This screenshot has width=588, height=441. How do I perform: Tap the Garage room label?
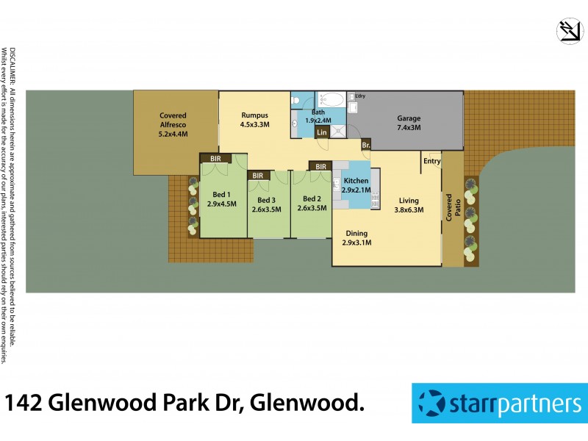coord(409,123)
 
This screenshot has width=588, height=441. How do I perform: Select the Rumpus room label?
coord(254,120)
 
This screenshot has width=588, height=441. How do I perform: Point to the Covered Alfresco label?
coord(173,124)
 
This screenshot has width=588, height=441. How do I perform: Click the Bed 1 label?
coord(221,198)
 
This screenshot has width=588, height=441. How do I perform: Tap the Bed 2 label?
coord(312,204)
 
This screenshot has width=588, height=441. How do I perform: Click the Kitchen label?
coord(356,185)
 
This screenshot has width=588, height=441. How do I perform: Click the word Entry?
coord(431,161)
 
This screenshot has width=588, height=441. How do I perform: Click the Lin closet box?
coord(321,132)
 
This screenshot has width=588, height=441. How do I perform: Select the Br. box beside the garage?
coord(365,145)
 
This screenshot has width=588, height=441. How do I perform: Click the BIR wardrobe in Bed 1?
coord(216,158)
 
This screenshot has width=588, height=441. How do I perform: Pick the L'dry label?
coord(360,96)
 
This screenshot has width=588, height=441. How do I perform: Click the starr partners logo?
coord(498,403)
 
